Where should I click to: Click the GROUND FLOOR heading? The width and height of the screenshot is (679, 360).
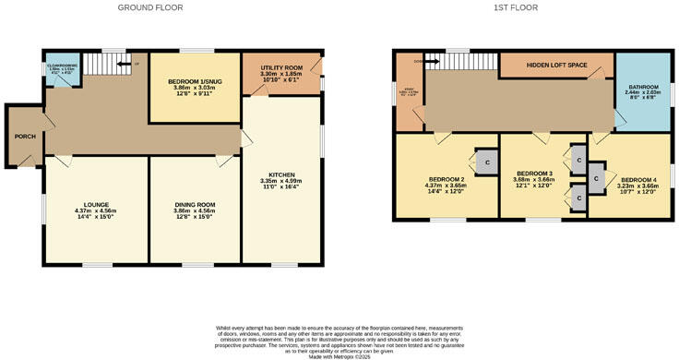click(150, 7)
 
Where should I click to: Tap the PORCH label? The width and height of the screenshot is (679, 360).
click(25, 137)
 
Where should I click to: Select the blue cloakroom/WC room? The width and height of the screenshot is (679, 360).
click(63, 67)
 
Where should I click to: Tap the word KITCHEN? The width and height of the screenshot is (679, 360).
click(281, 174)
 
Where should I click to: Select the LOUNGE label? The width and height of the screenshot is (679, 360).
click(95, 204)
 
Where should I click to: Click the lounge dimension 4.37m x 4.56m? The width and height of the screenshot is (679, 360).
click(95, 211)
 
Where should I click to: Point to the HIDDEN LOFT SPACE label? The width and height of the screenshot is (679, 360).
click(555, 66)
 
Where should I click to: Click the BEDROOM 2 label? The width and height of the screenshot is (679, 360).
click(446, 179)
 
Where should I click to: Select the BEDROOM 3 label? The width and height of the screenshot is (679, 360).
click(534, 174)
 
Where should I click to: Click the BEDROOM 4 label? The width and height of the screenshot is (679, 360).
click(638, 179)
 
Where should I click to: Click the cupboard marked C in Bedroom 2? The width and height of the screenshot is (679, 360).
click(485, 162)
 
